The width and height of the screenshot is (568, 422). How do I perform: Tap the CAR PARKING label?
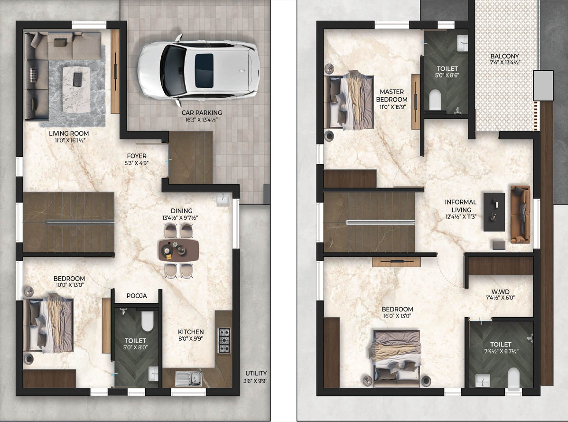202,113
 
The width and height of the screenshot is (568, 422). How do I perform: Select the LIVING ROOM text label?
69,133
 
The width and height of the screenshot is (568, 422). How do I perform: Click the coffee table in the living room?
76,89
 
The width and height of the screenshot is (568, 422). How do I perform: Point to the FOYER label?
137,156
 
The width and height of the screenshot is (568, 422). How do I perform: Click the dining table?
178,250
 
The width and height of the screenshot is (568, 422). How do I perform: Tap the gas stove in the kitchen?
224,340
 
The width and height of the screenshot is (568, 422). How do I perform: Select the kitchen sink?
188,378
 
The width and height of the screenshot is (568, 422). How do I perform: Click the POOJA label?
137,296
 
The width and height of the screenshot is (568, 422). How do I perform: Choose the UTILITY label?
256,373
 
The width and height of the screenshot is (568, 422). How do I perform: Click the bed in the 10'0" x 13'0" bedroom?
48,324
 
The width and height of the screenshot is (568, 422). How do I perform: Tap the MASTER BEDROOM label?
391,95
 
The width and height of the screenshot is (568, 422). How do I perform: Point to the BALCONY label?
504,56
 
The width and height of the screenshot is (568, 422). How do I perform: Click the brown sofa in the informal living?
521,214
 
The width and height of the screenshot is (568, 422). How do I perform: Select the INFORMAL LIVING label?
461,206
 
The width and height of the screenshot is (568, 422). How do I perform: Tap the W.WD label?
500,291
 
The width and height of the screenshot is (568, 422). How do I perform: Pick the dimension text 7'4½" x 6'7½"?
501,351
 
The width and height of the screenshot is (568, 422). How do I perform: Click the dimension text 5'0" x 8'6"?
447,75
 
